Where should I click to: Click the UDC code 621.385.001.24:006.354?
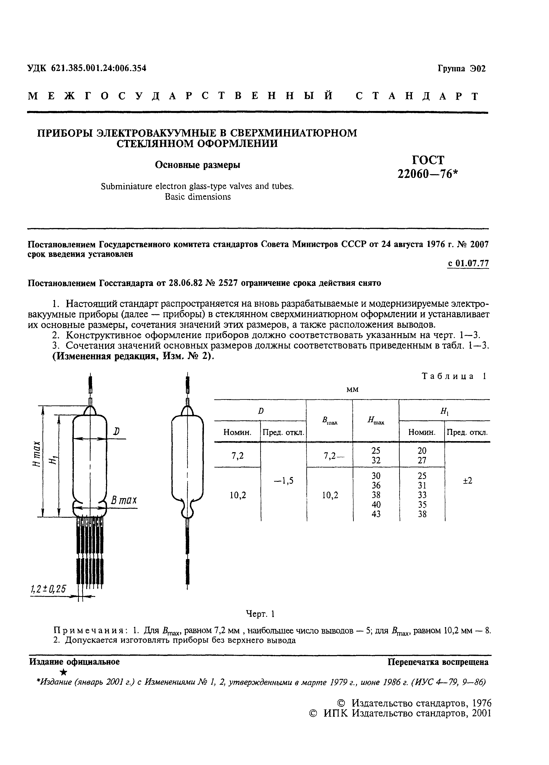[x=98, y=68]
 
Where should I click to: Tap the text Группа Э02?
[x=462, y=69]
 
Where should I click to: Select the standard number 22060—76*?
[x=428, y=174]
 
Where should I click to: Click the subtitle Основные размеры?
[x=197, y=165]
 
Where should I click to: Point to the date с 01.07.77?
[x=468, y=264]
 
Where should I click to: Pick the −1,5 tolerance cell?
[x=283, y=481]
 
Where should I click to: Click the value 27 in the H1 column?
[x=422, y=460]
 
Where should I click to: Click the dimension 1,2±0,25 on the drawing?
[x=48, y=589]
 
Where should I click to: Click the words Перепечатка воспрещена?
[x=438, y=662]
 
